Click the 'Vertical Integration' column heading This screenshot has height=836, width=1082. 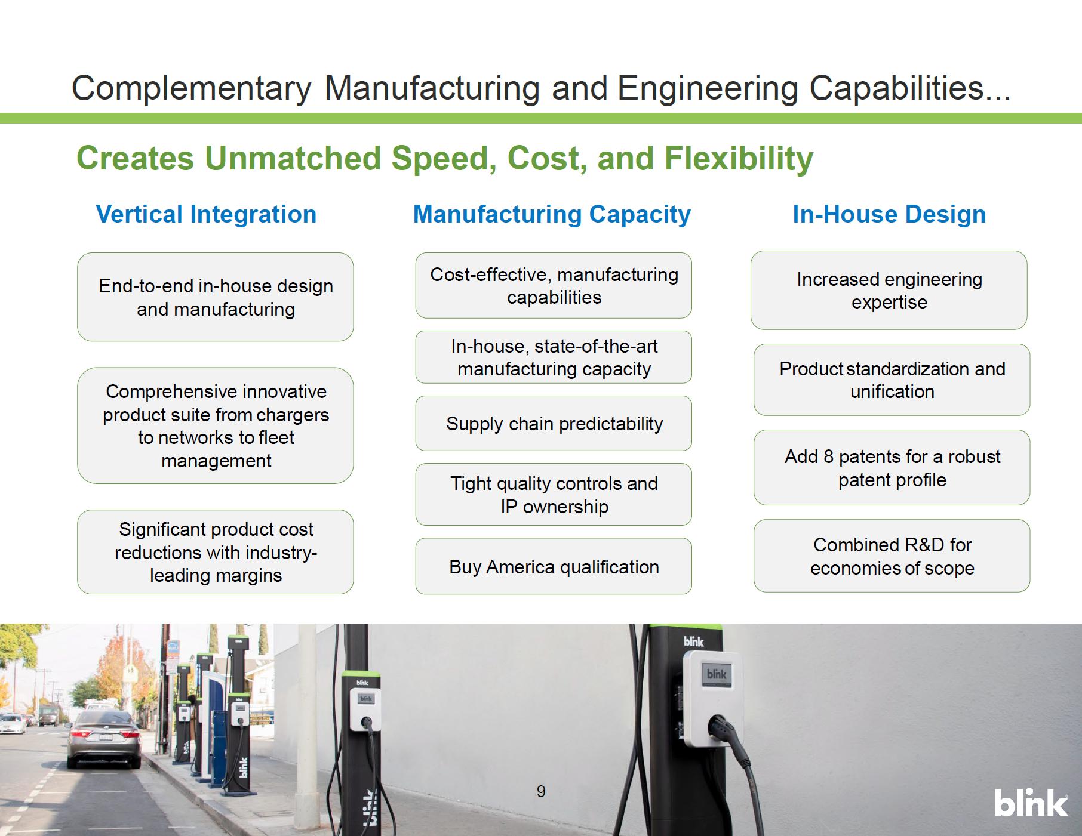(x=206, y=214)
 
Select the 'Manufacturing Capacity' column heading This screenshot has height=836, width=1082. (x=552, y=215)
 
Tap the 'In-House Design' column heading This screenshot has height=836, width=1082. (x=889, y=214)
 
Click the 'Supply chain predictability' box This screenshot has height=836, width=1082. (x=554, y=423)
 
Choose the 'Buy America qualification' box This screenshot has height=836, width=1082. (x=554, y=566)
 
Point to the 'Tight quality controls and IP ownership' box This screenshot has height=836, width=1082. (x=554, y=495)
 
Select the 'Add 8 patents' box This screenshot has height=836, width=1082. (x=892, y=468)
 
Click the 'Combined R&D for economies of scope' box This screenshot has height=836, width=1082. (x=892, y=556)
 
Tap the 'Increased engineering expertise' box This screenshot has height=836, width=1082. (x=889, y=291)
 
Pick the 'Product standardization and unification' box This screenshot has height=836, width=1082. (x=892, y=380)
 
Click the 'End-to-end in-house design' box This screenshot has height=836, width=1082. (x=216, y=297)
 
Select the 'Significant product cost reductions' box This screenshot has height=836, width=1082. (x=216, y=552)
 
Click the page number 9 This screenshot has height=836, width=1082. (x=541, y=791)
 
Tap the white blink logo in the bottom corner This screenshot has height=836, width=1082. (x=1031, y=803)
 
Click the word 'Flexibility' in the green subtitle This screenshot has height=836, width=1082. (x=739, y=159)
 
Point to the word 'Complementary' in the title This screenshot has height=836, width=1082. (x=192, y=88)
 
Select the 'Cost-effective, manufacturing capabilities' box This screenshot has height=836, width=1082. (x=554, y=285)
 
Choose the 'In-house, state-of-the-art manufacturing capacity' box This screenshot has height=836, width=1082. (x=554, y=357)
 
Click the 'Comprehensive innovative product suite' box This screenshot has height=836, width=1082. (x=216, y=425)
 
